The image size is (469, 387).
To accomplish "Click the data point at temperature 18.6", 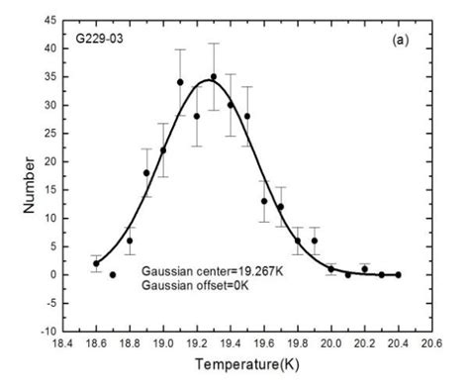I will [x=96, y=263].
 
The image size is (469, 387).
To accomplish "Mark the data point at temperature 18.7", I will [x=113, y=274].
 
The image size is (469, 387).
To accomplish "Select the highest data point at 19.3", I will [x=214, y=77].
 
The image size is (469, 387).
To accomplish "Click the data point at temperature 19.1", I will [x=180, y=82].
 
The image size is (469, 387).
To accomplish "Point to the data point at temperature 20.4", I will [x=398, y=274].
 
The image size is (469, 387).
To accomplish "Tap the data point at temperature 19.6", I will [x=264, y=201].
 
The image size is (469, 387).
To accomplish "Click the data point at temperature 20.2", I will [x=364, y=269].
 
